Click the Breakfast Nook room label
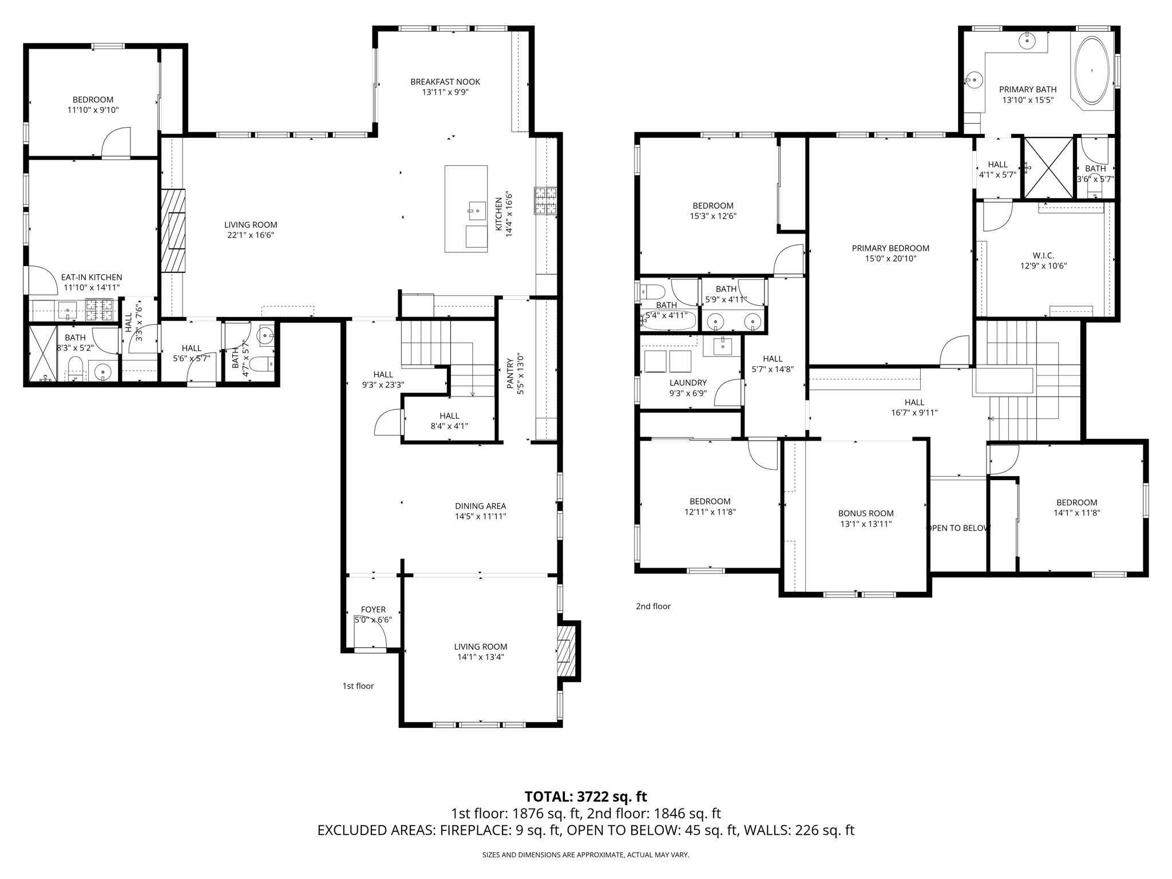445,82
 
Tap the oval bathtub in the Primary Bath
1092,71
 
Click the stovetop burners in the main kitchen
546,201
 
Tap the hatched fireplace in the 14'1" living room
566,651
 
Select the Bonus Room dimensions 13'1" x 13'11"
865,524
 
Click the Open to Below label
958,528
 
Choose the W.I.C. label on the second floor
1043,255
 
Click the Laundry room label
688,382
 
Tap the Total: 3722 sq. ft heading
585,797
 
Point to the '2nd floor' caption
653,606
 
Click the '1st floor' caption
358,686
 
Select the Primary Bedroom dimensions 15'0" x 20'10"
890,259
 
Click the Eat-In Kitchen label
92,277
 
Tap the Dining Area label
480,506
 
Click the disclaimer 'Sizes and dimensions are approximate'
585,855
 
